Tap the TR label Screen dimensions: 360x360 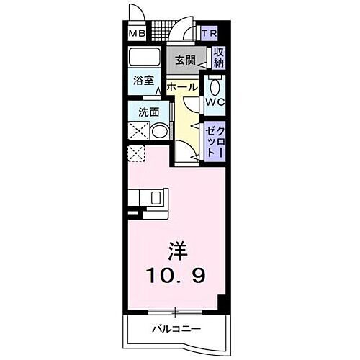click(x=210, y=34)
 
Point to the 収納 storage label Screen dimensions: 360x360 click(x=218, y=58)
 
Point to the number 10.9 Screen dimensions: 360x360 click(x=176, y=274)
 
